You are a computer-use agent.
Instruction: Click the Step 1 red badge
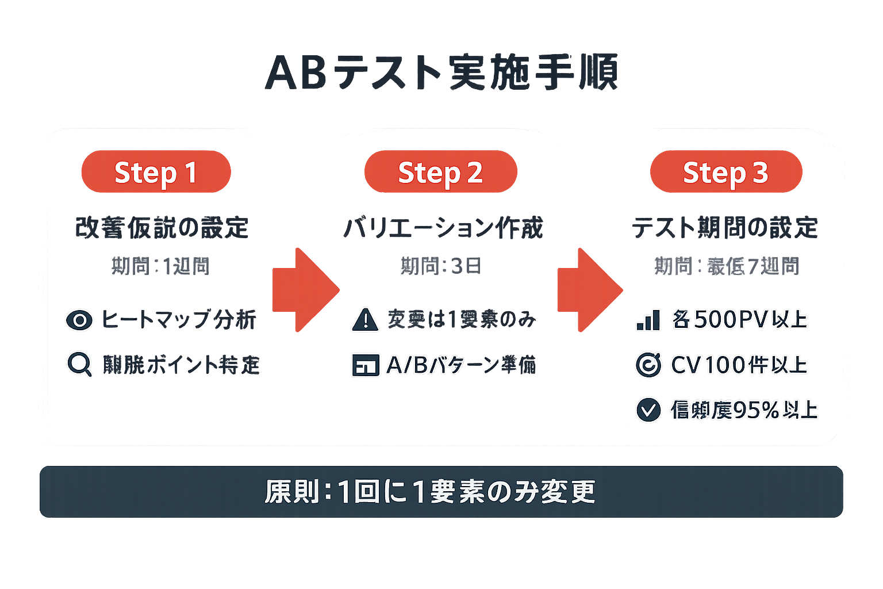[156, 172]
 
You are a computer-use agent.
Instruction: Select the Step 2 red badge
[440, 172]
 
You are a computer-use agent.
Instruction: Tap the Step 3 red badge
[725, 172]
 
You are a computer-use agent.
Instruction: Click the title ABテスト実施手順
[441, 73]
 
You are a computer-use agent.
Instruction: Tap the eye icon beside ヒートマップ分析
[79, 320]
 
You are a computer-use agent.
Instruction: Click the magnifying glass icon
[79, 364]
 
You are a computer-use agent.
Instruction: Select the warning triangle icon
[365, 320]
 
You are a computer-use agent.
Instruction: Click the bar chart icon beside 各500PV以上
[648, 320]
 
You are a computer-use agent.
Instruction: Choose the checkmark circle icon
[648, 410]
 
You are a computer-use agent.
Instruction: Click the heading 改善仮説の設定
[162, 228]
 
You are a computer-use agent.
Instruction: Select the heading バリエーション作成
[443, 228]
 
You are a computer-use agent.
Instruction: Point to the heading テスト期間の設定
[725, 228]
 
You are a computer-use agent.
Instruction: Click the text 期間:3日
[441, 266]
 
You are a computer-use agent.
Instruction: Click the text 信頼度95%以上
[744, 410]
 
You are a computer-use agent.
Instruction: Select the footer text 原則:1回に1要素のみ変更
[430, 492]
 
